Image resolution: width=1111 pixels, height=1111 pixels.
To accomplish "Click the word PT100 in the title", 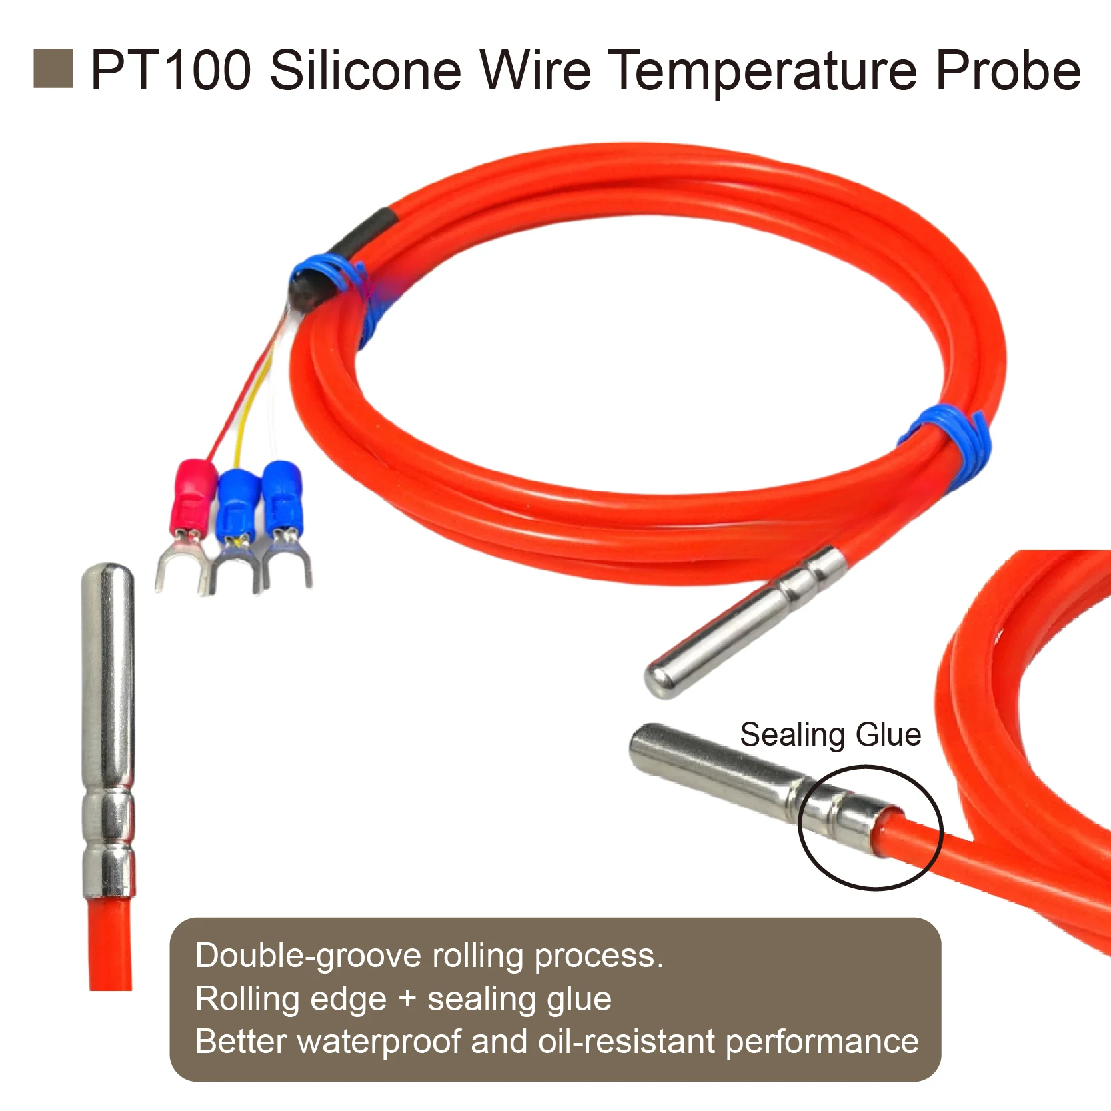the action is pos(171,70).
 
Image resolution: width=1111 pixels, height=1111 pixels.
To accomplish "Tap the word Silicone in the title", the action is pos(365,70).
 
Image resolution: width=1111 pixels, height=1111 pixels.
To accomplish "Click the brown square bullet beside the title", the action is pos(53,69).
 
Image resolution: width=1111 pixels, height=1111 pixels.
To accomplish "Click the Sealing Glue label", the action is pos(830,735).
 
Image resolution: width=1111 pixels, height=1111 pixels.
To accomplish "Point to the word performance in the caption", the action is pos(822,1042).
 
